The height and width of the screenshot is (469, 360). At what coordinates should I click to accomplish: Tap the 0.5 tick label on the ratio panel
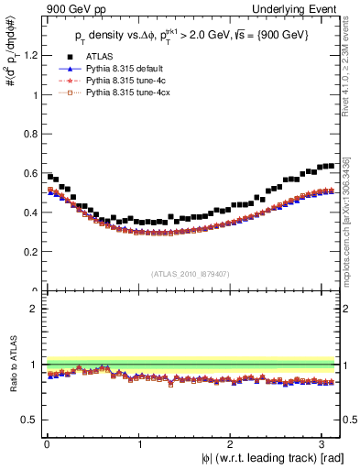coord(29,420)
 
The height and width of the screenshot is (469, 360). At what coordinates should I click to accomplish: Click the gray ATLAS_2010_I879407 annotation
coord(191,272)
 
